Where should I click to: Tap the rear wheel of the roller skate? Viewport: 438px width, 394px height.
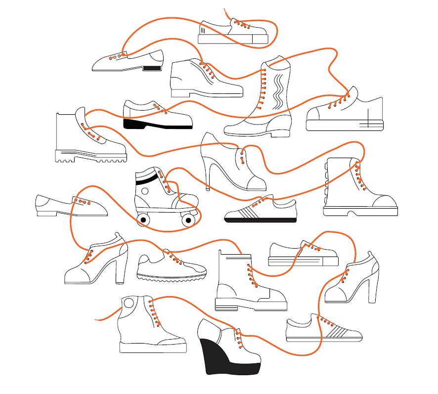tap(143, 219)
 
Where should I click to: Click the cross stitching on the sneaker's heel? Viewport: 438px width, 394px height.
tap(369, 120)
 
